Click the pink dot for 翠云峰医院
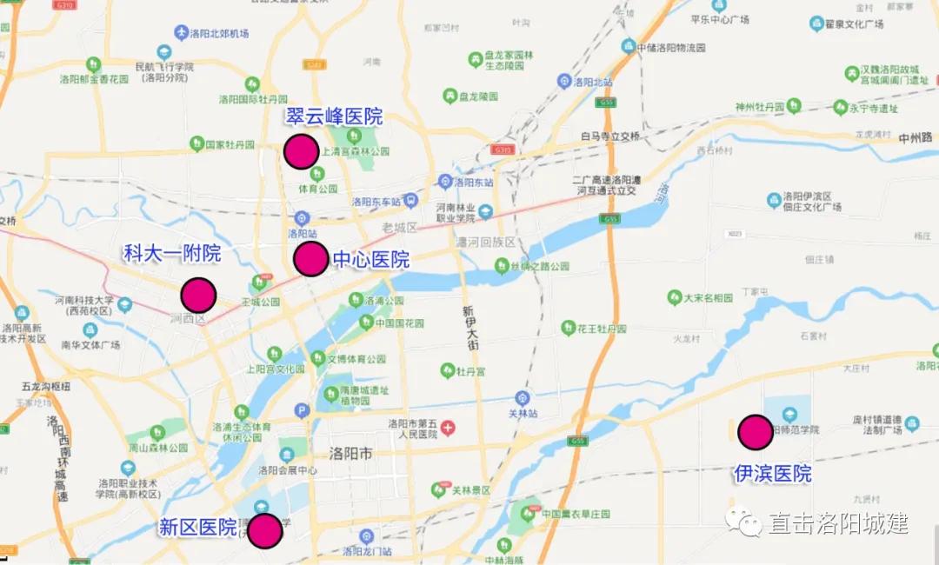coord(301,152)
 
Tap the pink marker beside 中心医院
coord(310,258)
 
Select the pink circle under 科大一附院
coord(198,296)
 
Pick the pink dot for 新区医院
coord(264,530)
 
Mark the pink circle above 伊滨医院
coord(755,432)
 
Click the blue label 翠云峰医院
coord(334,116)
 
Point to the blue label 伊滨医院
coord(772,474)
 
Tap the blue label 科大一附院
coord(171,254)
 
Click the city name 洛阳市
coord(350,454)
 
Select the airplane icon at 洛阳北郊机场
coord(182,33)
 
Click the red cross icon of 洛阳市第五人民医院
coord(448,428)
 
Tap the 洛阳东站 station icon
coord(445,182)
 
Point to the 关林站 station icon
coord(522,396)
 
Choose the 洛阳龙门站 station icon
coord(366,536)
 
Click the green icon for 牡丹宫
coord(448,370)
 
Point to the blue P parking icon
coord(302,410)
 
